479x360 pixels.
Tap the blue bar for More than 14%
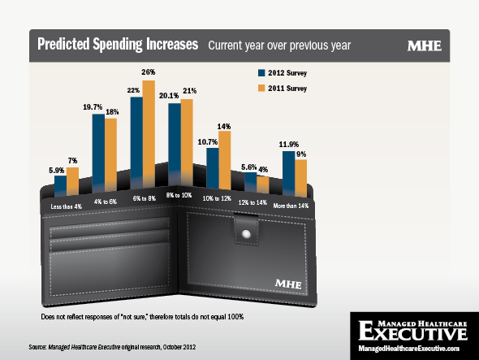pos(289,173)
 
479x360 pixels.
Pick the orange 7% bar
pos(73,181)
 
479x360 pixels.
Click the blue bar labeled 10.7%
pos(213,168)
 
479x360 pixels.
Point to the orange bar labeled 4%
pos(263,184)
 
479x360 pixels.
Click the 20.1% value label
pos(169,96)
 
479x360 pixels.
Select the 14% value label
pos(224,126)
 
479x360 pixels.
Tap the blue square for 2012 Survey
pos(261,73)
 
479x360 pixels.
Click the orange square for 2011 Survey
pos(261,88)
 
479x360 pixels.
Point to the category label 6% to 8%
pos(145,198)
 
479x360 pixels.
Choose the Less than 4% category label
pos(67,206)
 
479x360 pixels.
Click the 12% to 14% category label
pos(252,202)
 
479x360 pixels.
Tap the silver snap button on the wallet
pos(246,234)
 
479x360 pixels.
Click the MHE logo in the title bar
pos(425,46)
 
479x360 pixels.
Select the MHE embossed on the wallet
pos(288,284)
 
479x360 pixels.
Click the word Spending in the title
pos(117,45)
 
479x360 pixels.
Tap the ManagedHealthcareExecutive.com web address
pos(408,349)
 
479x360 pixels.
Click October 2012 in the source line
pos(179,347)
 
